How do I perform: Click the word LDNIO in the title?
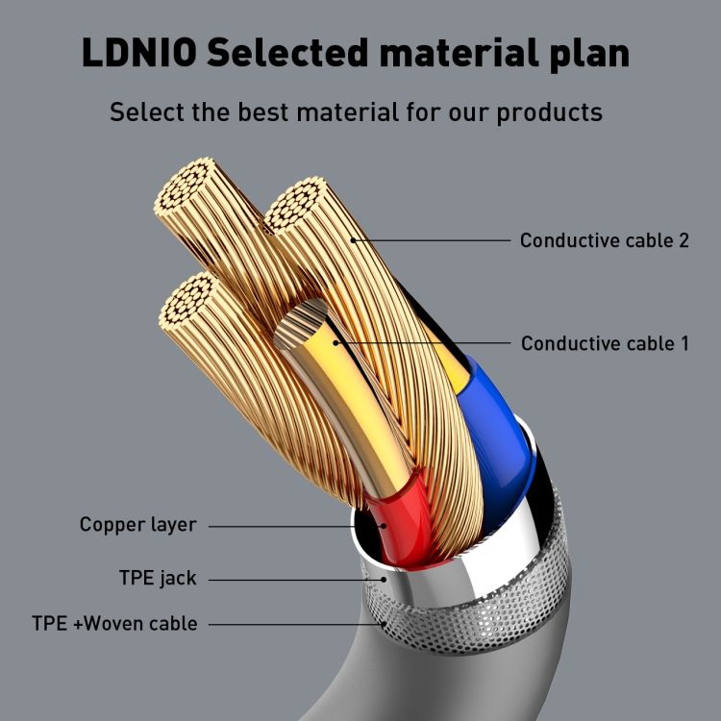[139, 53]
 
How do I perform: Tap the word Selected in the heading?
[287, 53]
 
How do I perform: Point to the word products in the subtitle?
[550, 113]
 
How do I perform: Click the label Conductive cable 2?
[605, 240]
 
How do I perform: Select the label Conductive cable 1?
[605, 343]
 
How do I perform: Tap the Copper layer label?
[137, 525]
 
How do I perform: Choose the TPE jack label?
[158, 579]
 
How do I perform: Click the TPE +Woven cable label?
[114, 624]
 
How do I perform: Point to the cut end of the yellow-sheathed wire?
[300, 323]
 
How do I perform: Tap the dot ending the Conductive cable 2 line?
[353, 240]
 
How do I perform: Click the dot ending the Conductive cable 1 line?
[336, 343]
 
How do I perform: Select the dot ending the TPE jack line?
[384, 580]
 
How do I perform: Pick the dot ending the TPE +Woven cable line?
[384, 624]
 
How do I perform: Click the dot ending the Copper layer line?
[384, 526]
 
